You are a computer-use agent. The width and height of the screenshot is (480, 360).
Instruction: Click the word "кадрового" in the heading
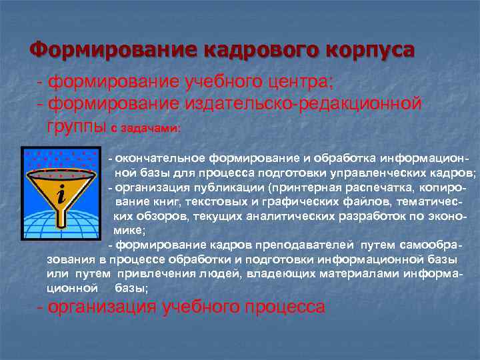tap(257, 50)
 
